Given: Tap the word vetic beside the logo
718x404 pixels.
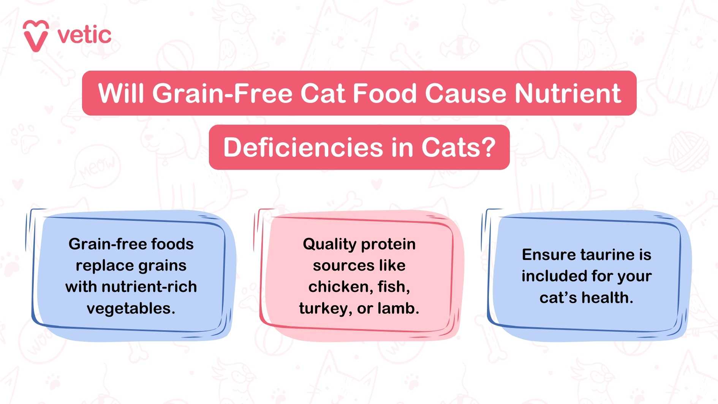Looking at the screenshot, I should pos(84,35).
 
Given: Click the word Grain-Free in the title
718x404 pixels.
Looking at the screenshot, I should pos(222,93).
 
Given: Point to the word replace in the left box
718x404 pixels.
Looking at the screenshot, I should pos(100,265).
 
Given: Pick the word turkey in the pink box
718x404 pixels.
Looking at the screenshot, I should pos(323,308).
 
